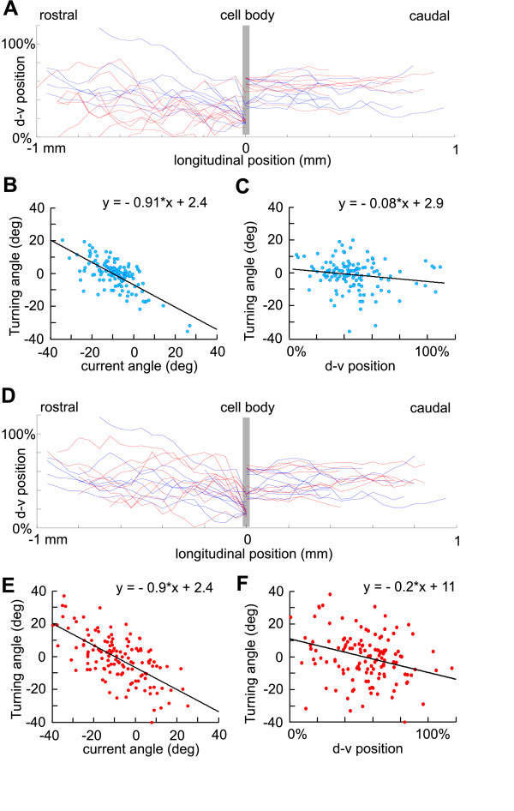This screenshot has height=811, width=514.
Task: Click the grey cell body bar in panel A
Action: (246, 81)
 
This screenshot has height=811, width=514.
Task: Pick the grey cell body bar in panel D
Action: (246, 471)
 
